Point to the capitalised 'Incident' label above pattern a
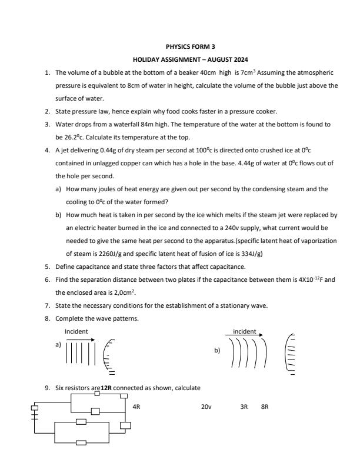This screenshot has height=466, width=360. click(76, 331)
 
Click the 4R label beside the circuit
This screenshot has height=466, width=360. click(136, 406)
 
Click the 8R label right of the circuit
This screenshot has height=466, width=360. click(265, 406)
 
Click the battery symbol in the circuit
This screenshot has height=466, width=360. click(35, 413)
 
